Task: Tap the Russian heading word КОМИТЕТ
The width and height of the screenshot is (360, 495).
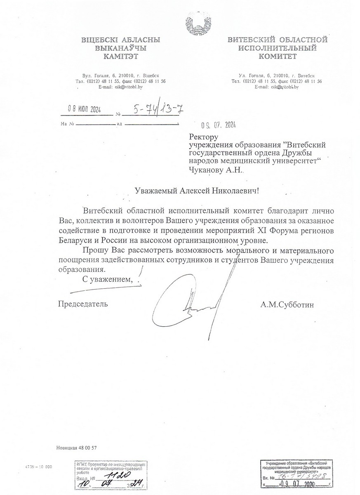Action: (277, 57)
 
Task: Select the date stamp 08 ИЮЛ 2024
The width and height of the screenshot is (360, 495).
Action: (84, 109)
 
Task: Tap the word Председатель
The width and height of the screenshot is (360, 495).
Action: (83, 304)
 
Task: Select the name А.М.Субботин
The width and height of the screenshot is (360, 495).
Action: (287, 305)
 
